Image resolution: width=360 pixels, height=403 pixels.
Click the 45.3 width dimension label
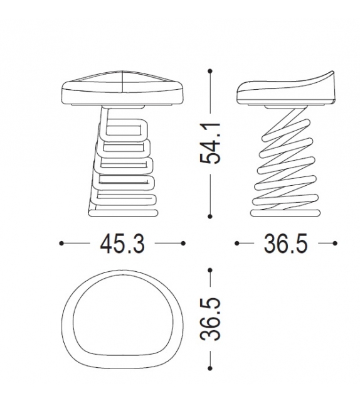122,244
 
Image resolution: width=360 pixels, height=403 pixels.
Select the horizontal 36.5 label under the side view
285,244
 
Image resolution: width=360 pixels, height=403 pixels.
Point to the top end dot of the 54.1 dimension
210,72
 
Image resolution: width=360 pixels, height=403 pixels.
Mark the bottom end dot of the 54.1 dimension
210,217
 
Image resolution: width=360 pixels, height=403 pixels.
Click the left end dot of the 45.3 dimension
61,243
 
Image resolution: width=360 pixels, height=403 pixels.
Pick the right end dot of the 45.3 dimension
183,243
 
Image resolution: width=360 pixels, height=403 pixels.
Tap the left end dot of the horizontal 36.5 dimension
237,243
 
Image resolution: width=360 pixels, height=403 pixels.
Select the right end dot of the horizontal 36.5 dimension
336,243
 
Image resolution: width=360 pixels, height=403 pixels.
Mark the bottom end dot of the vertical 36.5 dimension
210,369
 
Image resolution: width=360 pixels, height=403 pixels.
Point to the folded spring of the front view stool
125,160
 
